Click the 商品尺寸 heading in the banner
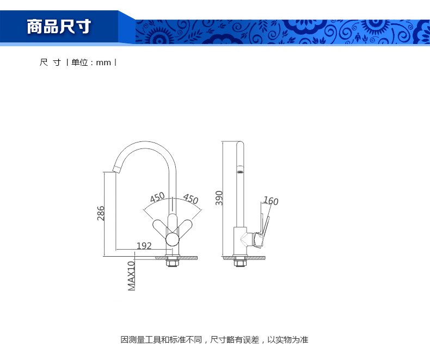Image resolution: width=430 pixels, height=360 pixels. (59, 26)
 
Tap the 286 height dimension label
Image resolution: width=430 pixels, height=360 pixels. (101, 213)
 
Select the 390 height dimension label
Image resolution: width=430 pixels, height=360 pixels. (219, 197)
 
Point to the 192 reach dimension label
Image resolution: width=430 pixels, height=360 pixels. (144, 246)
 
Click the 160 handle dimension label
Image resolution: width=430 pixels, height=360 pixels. (271, 202)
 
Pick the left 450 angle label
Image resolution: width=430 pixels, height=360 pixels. (157, 197)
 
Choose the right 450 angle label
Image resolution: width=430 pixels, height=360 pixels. (191, 199)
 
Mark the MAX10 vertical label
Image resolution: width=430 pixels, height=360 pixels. (131, 275)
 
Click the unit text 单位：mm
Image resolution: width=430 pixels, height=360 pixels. (91, 63)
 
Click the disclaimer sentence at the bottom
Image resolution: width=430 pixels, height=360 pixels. (214, 340)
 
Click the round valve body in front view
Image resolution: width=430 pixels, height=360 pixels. (173, 240)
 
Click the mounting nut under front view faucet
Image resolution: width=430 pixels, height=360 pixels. (173, 263)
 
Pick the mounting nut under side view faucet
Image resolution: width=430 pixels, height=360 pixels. (239, 263)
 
